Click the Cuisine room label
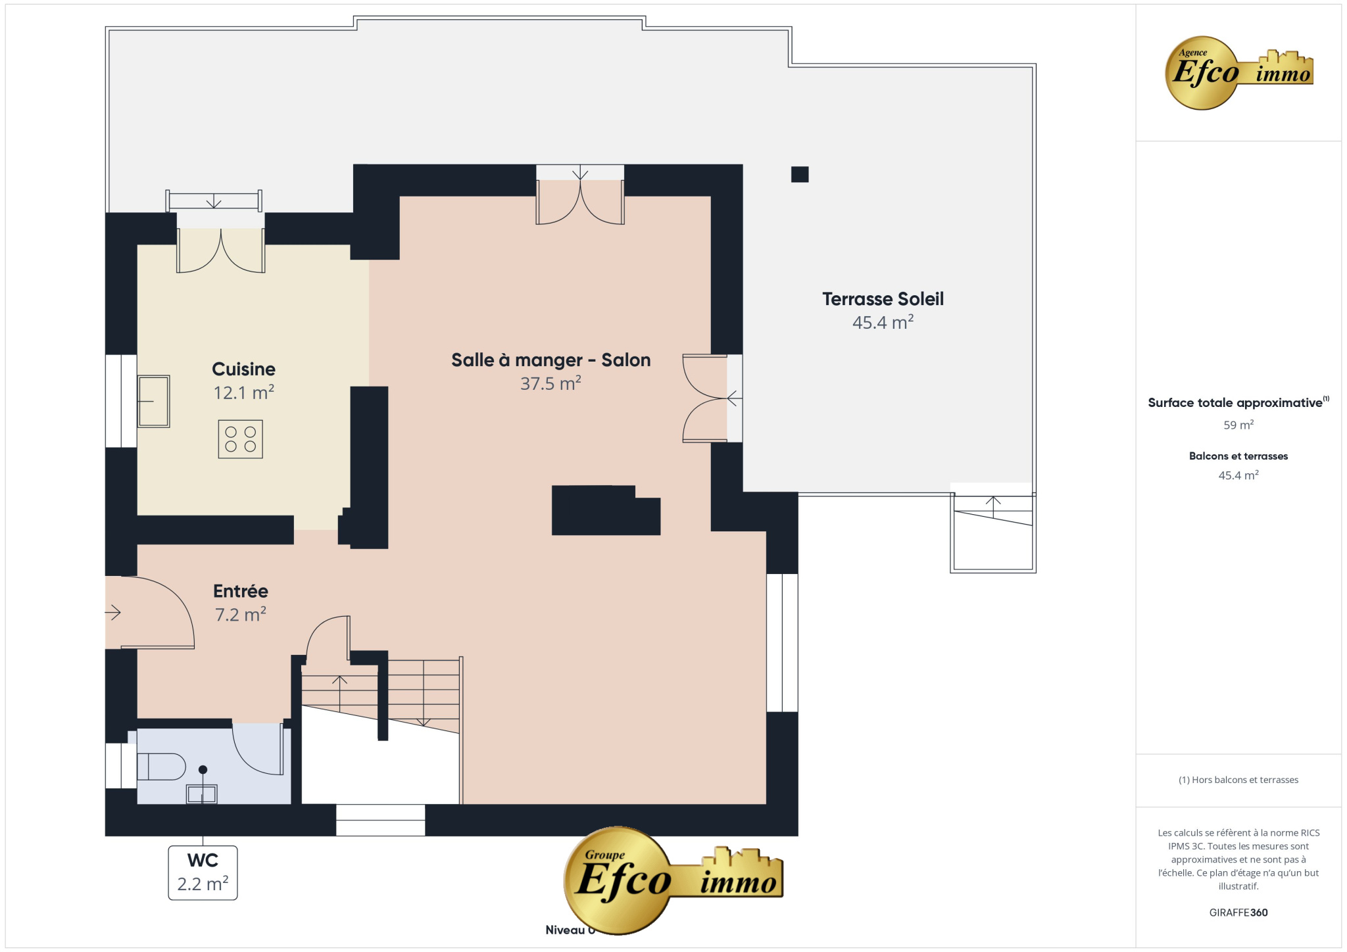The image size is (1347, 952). click(243, 369)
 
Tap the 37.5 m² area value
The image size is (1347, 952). click(551, 383)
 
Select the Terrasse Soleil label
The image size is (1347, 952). click(883, 299)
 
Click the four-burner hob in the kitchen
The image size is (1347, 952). click(241, 439)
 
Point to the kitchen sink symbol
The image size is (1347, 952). click(154, 401)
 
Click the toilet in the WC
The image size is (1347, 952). click(161, 767)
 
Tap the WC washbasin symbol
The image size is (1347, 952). click(202, 794)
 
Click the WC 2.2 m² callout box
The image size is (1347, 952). click(203, 872)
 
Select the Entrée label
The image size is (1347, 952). click(241, 591)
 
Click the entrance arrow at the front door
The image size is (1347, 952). click(113, 613)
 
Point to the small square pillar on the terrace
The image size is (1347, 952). click(800, 174)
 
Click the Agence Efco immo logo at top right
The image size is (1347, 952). click(1238, 73)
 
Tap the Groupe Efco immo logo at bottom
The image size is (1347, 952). click(673, 880)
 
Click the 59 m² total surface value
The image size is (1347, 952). click(1238, 425)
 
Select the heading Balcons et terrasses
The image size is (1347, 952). click(1238, 456)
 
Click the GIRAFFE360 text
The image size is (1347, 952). click(1238, 913)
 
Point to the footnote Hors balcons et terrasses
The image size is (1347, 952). click(1238, 780)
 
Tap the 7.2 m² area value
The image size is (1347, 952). click(241, 615)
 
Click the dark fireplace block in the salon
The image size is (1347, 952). click(606, 510)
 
